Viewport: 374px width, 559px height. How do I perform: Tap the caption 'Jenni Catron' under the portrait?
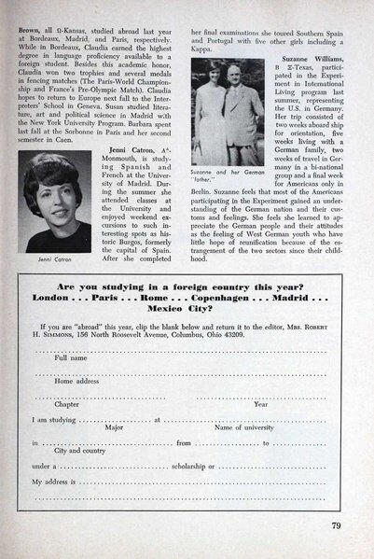point(65,258)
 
